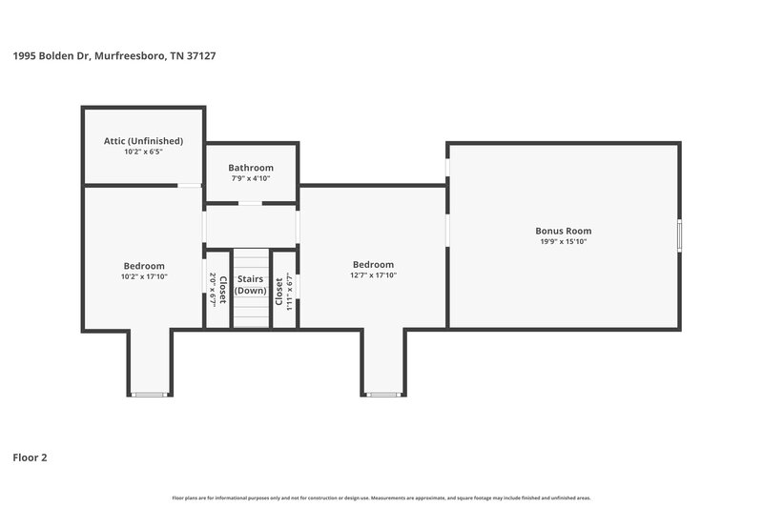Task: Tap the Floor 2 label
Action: coord(30,457)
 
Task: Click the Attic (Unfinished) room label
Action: coord(143,141)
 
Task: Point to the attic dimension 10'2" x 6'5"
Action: coord(143,152)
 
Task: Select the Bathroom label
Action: coord(251,168)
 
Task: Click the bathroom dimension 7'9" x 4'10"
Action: coord(251,178)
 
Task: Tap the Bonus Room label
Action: coord(563,231)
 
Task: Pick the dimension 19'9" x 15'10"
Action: coord(563,241)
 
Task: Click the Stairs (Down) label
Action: coord(251,285)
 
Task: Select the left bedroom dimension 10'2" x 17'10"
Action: coord(143,276)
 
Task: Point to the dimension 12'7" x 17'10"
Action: coord(373,275)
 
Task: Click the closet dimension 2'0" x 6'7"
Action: coord(212,288)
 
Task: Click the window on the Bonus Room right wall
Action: coord(680,235)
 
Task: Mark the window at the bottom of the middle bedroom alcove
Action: coord(382,395)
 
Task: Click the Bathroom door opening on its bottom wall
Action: coord(251,203)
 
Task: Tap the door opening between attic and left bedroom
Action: coord(191,185)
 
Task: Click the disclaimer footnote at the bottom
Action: coord(381,498)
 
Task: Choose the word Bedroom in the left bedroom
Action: coord(143,266)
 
